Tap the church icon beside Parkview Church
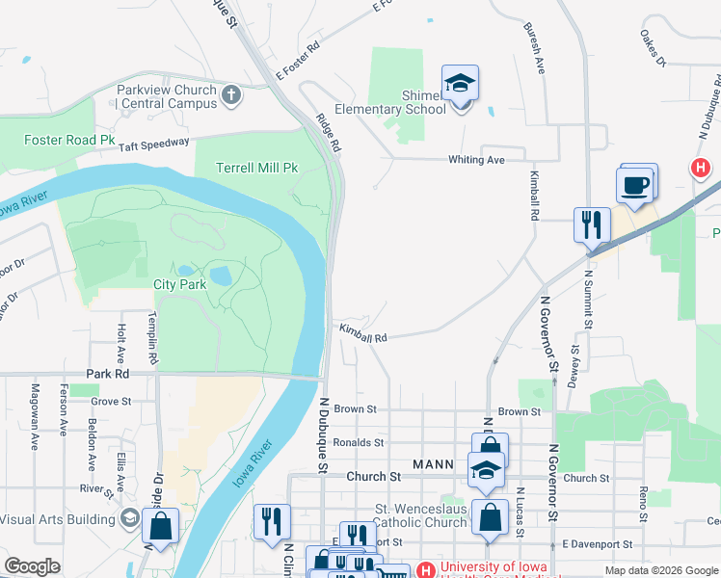pyautogui.click(x=230, y=95)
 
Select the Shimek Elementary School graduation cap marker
pyautogui.click(x=460, y=85)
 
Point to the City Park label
pyautogui.click(x=178, y=284)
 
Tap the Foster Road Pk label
pyautogui.click(x=69, y=140)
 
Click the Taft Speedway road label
pyautogui.click(x=154, y=144)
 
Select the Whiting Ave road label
pyautogui.click(x=477, y=160)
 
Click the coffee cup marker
pyautogui.click(x=635, y=185)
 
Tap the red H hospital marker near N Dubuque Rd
pyautogui.click(x=701, y=169)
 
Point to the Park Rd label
pyautogui.click(x=107, y=374)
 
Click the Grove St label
pyautogui.click(x=111, y=401)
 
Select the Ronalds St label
pyautogui.click(x=358, y=443)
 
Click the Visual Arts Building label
pyautogui.click(x=57, y=519)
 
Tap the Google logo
pyautogui.click(x=33, y=566)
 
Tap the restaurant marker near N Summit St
pyautogui.click(x=590, y=224)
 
